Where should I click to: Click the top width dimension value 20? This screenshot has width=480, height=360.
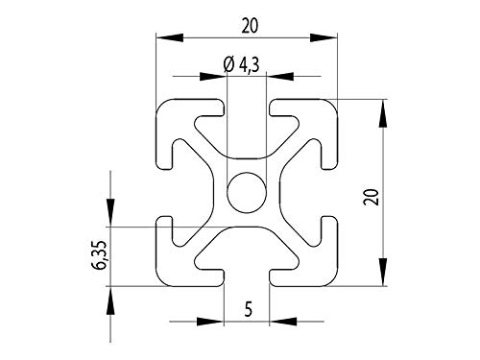tap(249, 27)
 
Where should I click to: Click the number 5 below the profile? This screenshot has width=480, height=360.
tap(248, 309)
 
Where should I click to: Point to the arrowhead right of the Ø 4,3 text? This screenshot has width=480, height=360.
tap(280, 75)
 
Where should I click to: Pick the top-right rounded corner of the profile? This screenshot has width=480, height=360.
tap(331, 105)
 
